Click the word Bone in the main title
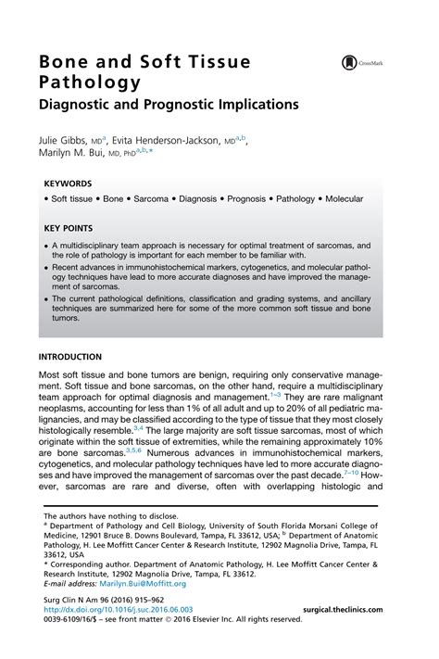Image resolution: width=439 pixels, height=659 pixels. [x=64, y=62]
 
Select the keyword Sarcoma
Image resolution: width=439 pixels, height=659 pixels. [x=158, y=198]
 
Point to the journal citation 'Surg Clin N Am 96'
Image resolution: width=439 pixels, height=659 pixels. [x=75, y=600]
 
